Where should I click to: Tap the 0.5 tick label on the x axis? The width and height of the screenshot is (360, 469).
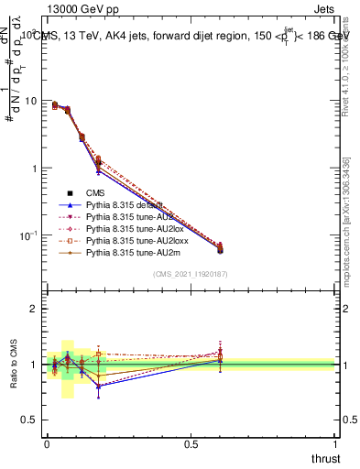coord(191,443)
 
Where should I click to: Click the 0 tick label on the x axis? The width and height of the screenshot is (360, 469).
coord(47,443)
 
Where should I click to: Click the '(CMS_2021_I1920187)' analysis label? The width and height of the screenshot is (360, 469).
coord(190,275)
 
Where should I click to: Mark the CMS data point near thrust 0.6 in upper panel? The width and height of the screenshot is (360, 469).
coord(220,249)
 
